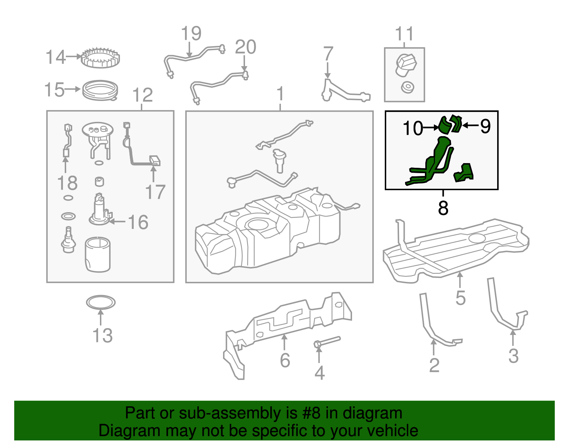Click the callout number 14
click(55, 57)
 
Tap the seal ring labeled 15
click(100, 90)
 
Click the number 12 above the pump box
click(142, 95)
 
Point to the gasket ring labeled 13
click(101, 303)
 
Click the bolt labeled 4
click(327, 342)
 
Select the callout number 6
click(285, 360)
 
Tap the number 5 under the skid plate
click(460, 298)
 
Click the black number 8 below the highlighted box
click(443, 208)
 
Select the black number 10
click(413, 128)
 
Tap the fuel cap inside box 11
click(406, 65)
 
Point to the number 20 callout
click(245, 47)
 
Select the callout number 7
click(328, 54)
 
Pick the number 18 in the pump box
click(67, 183)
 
